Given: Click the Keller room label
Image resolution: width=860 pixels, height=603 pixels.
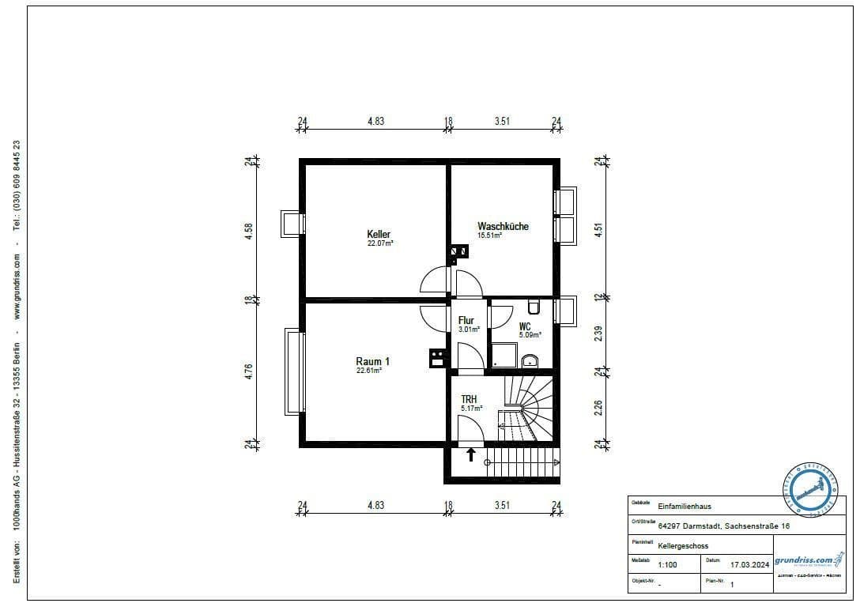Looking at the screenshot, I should coord(379,234).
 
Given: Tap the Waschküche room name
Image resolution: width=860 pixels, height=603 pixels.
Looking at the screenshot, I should coord(503,226).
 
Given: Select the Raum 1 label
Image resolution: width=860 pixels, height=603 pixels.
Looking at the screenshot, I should coord(372,361).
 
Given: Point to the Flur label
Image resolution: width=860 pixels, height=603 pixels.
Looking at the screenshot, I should coord(466,320).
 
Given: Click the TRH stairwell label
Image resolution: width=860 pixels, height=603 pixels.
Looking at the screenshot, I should coord(470,399).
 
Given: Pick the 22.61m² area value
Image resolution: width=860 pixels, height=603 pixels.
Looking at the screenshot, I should coord(369,370).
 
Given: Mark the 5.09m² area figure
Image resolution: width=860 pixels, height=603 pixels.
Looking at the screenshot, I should coord(530,334).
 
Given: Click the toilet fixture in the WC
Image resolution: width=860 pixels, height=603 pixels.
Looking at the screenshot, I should coord(534,306).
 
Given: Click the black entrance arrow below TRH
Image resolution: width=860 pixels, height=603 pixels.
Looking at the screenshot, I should coord(471,454).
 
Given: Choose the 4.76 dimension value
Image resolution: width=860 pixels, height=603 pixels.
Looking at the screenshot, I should coord(249,372).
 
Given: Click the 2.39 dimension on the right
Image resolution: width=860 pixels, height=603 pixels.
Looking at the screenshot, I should coord(598,334).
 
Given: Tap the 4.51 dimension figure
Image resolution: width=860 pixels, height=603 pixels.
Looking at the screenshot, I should coord(598,229).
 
